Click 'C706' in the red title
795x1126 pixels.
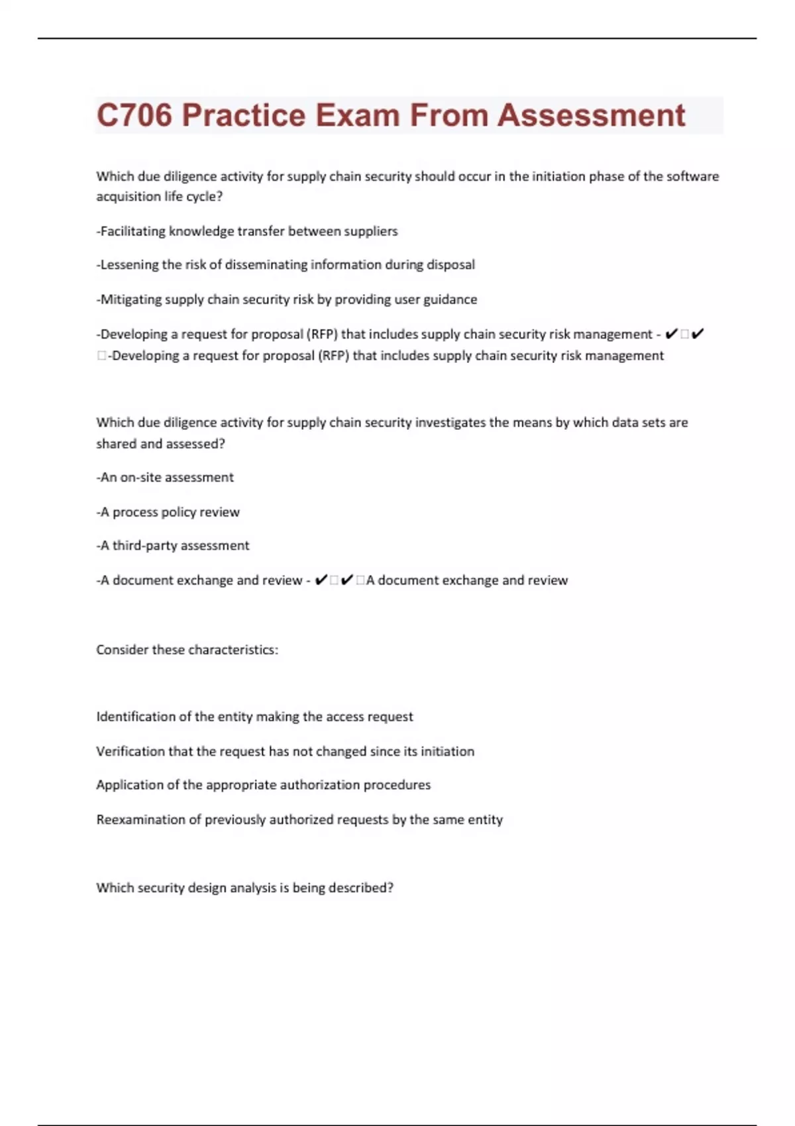(134, 115)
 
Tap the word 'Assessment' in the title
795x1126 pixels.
(591, 115)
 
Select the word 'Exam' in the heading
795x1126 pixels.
(358, 115)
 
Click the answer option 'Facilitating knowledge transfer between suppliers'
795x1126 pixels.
(247, 231)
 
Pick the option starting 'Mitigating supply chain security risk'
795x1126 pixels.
(287, 299)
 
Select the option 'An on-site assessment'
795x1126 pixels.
(165, 478)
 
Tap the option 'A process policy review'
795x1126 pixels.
(168, 512)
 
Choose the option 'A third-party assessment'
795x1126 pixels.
(173, 546)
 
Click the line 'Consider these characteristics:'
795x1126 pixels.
(187, 650)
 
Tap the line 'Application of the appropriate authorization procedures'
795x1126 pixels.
(263, 785)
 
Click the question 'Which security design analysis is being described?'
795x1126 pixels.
(244, 888)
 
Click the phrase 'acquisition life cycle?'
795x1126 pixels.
(160, 197)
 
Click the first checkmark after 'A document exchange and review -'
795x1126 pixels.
(321, 580)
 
